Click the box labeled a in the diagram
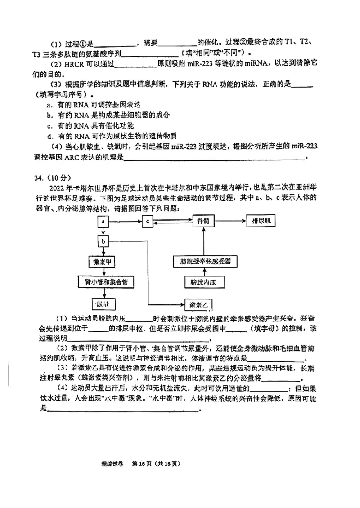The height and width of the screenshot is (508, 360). [x=103, y=222]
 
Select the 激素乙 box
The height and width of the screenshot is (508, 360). [x=200, y=305]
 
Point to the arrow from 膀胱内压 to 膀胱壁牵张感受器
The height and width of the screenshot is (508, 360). [x=204, y=272]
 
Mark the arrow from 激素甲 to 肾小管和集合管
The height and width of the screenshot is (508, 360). [x=103, y=272]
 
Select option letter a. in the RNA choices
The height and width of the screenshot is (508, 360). [x=49, y=104]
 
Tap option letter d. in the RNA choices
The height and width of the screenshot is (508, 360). [x=49, y=136]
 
